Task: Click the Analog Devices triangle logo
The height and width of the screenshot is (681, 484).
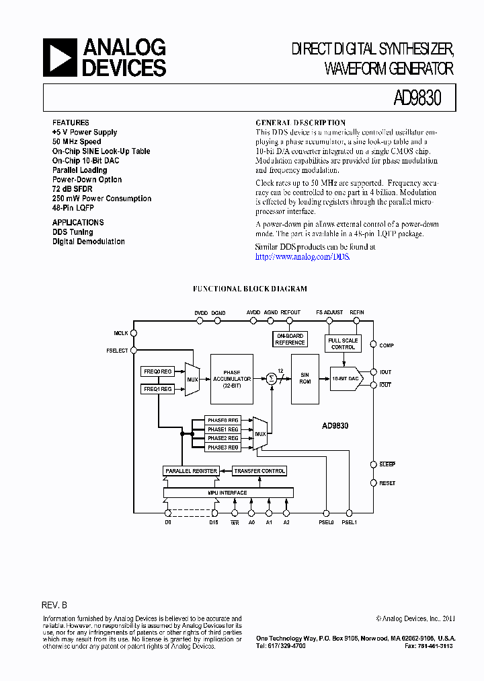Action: (x=60, y=57)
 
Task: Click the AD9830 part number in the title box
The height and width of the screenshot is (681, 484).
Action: (x=417, y=98)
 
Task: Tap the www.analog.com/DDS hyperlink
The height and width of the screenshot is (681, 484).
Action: (x=302, y=256)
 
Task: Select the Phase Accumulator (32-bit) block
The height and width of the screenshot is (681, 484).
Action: (x=232, y=379)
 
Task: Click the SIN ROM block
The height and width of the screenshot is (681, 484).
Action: (x=305, y=379)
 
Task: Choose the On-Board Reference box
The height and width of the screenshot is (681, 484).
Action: (x=290, y=339)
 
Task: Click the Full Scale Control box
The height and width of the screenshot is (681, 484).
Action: (x=343, y=344)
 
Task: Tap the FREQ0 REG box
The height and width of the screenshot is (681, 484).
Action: (x=158, y=371)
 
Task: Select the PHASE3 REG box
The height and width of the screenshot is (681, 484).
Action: (x=223, y=447)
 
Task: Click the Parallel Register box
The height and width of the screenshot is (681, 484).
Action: (x=190, y=471)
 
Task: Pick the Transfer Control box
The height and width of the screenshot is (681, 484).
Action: (x=259, y=471)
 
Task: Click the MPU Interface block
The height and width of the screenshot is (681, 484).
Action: (x=228, y=493)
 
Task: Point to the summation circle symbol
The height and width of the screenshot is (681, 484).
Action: (x=272, y=379)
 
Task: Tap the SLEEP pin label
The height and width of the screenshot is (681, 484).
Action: (x=387, y=464)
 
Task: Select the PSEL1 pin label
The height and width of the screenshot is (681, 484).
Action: (x=349, y=522)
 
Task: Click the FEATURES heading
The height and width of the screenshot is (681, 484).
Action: (x=71, y=122)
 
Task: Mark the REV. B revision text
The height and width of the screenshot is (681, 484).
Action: (x=54, y=605)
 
